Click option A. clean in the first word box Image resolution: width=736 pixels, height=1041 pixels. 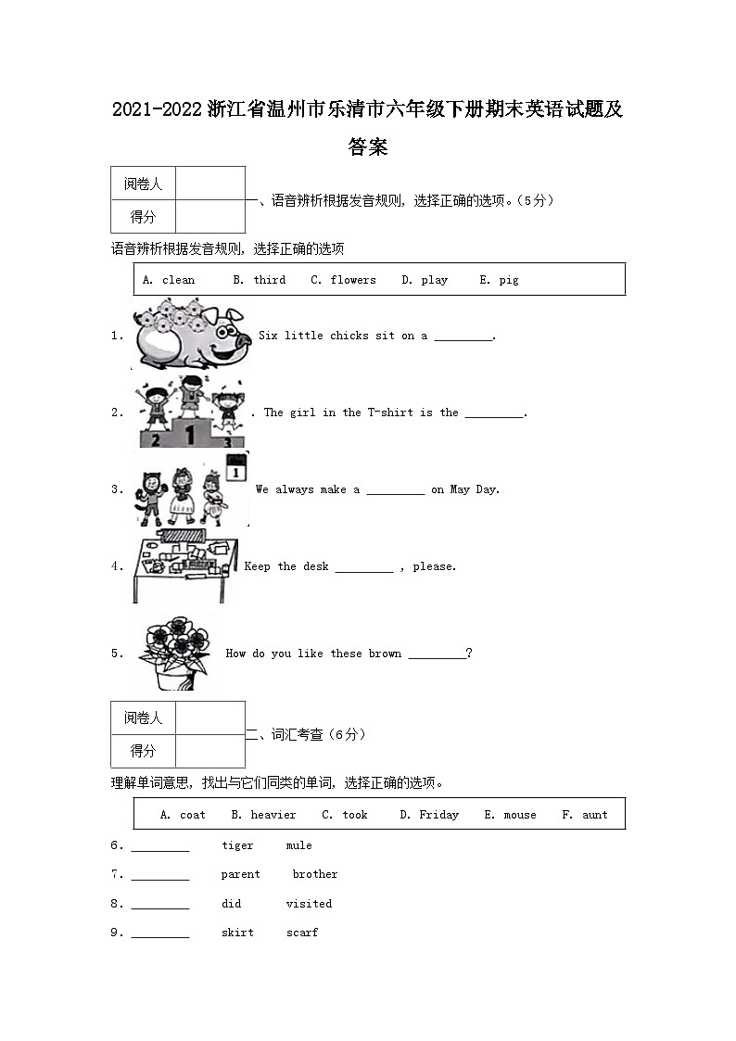pos(169,280)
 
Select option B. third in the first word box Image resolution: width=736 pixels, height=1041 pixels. pos(259,280)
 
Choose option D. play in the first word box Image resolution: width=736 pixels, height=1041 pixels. pos(425,280)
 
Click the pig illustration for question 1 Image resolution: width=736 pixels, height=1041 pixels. pos(192,335)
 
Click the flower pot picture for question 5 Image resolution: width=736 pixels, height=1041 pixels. pos(176,654)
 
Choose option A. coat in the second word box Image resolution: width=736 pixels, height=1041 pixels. pos(184,815)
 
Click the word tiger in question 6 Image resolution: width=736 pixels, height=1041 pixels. pos(237,845)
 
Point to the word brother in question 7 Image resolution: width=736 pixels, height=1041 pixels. pos(315,874)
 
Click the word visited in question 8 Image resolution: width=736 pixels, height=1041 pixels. pos(309,904)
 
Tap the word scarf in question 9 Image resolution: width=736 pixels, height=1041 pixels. pos(302,933)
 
